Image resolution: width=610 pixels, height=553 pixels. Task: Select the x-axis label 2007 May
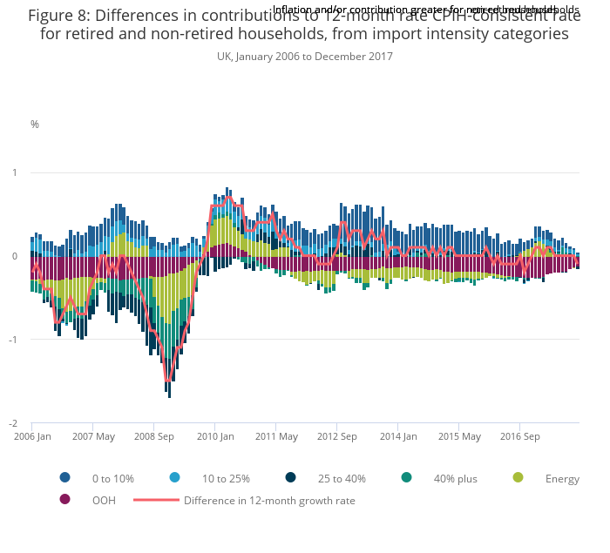[93, 436]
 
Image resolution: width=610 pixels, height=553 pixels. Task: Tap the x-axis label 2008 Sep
[153, 436]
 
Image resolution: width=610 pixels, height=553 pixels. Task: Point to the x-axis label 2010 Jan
[215, 436]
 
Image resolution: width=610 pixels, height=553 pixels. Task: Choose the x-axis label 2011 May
[276, 436]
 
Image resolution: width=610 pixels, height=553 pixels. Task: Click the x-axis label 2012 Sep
[336, 436]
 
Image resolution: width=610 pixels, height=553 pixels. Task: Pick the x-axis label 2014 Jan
[398, 436]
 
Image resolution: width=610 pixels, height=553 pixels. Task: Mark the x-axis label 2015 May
[459, 436]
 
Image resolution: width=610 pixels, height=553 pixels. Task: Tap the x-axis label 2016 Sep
[519, 436]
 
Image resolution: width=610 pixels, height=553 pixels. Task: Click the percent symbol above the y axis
[35, 125]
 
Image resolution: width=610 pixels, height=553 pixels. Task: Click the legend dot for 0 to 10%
[64, 478]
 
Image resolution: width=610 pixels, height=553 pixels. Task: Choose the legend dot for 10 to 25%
[174, 478]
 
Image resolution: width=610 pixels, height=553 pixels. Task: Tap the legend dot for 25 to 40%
[290, 478]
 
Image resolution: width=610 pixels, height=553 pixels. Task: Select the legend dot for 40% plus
[406, 478]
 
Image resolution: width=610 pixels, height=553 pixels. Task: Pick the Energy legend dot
[518, 478]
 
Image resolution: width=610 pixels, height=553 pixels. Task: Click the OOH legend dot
[64, 500]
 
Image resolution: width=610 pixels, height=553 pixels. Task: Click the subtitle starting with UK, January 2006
[305, 57]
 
